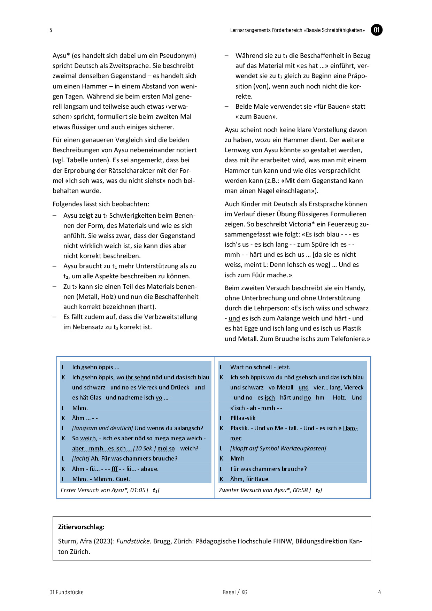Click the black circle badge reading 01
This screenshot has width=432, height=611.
tap(376, 30)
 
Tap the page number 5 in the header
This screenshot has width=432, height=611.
tap(51, 30)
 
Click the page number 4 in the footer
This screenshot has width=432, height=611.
tap(379, 592)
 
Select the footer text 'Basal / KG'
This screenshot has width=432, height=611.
tap(235, 592)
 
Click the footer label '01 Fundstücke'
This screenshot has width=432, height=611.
tap(67, 592)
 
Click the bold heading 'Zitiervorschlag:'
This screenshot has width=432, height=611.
tap(81, 527)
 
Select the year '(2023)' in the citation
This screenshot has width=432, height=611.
tap(104, 541)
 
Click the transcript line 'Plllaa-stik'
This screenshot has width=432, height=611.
tap(243, 418)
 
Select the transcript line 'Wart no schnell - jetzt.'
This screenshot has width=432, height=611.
tap(260, 367)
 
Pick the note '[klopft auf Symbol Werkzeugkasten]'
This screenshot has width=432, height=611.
tap(278, 448)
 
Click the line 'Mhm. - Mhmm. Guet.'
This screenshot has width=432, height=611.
tap(101, 479)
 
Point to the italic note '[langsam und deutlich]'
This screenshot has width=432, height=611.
tap(102, 428)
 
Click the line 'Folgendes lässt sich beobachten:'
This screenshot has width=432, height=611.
tap(101, 204)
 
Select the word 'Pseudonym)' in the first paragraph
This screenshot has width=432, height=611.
tap(178, 55)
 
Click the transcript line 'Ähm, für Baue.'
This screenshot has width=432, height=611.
tap(250, 479)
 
